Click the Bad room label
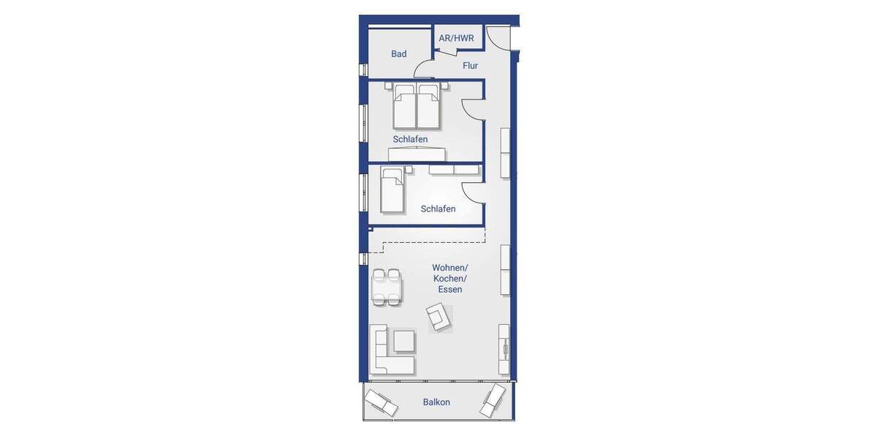[398, 53]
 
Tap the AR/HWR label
[456, 38]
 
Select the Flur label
[470, 66]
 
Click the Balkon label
[436, 402]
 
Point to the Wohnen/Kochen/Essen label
[449, 279]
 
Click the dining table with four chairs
[386, 287]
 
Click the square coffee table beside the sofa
[404, 341]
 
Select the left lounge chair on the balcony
[381, 402]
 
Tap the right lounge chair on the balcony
[493, 399]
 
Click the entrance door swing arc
[498, 38]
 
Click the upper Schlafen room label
[410, 139]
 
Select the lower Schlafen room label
[438, 209]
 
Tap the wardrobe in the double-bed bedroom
[417, 154]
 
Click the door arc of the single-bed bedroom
[473, 194]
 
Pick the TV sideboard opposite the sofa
[504, 349]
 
